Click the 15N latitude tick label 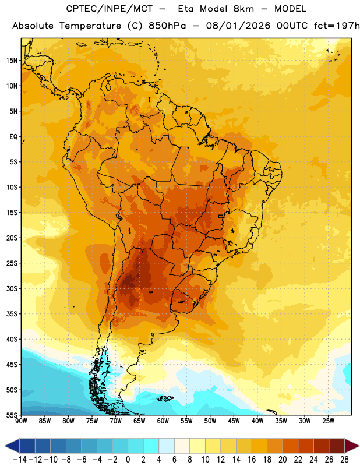pyautogui.click(x=12, y=61)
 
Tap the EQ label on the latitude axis pyautogui.click(x=13, y=137)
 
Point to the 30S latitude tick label pyautogui.click(x=12, y=288)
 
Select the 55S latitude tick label pyautogui.click(x=12, y=415)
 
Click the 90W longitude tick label pyautogui.click(x=21, y=421)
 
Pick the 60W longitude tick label pyautogui.click(x=163, y=421)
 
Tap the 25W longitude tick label pyautogui.click(x=328, y=421)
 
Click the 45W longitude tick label pyautogui.click(x=234, y=421)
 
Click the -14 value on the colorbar pyautogui.click(x=20, y=460)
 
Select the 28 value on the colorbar pyautogui.click(x=344, y=460)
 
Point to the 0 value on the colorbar pyautogui.click(x=128, y=460)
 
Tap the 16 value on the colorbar pyautogui.click(x=252, y=460)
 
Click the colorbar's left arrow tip pyautogui.click(x=5, y=446)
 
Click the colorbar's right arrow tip pyautogui.click(x=359, y=446)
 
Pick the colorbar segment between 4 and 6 pyautogui.click(x=167, y=446)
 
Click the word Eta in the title pyautogui.click(x=186, y=9)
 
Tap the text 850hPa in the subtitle pyautogui.click(x=167, y=26)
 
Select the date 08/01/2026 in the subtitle pyautogui.click(x=238, y=26)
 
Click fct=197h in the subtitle pyautogui.click(x=337, y=26)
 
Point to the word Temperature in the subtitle pyautogui.click(x=90, y=26)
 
